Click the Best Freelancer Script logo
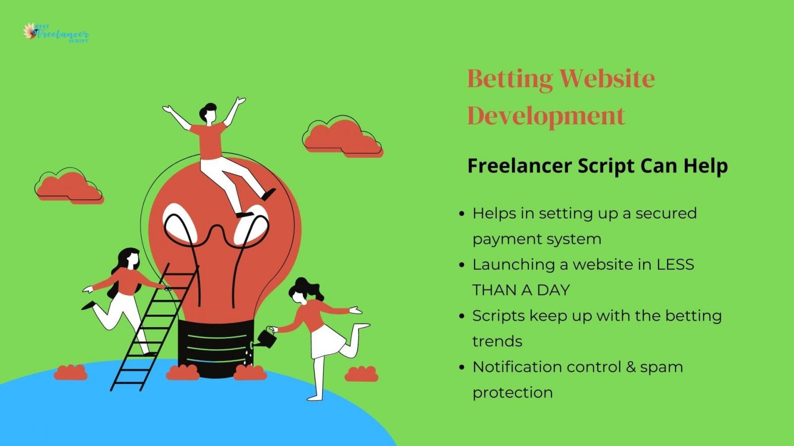pos(56,33)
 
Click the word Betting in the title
pos(510,79)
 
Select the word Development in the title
pos(546,116)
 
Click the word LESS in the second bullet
pos(675,264)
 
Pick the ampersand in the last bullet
pos(631,367)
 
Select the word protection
pos(512,392)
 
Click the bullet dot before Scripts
pos(462,316)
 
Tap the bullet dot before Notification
pos(462,368)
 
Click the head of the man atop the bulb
pos(208,113)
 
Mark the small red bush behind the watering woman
pos(361,374)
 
